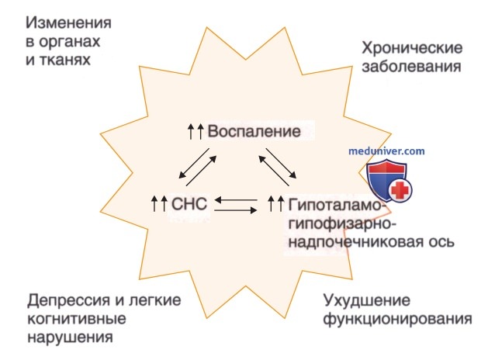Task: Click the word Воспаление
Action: click(x=254, y=131)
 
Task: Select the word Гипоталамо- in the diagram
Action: click(x=335, y=206)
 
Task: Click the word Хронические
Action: click(x=412, y=49)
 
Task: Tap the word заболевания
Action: click(x=411, y=66)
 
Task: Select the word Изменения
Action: click(x=68, y=23)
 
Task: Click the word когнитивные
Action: click(x=77, y=319)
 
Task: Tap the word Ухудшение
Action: click(x=367, y=301)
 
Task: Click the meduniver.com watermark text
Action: click(x=386, y=151)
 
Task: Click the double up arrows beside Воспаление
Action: click(x=196, y=131)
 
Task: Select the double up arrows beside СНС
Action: click(x=159, y=204)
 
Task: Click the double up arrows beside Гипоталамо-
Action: click(x=276, y=204)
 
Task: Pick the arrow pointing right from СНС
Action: click(x=236, y=211)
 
